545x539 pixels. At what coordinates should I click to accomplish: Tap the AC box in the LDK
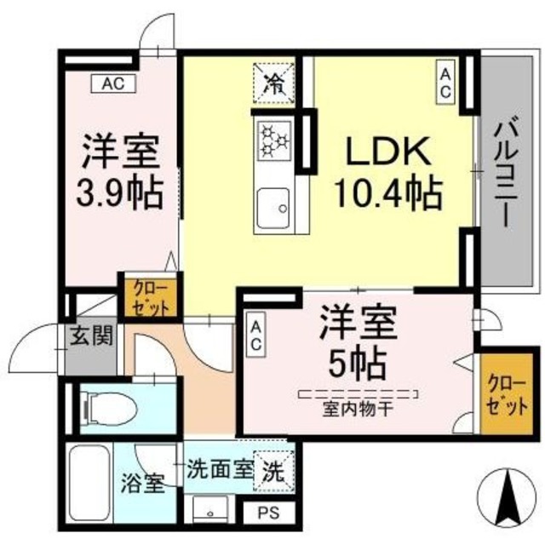pos(445,83)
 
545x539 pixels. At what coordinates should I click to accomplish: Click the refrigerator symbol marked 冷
pos(273,82)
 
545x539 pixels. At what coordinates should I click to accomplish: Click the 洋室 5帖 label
pos(358,345)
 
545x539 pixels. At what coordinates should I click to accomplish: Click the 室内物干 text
pos(357,406)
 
